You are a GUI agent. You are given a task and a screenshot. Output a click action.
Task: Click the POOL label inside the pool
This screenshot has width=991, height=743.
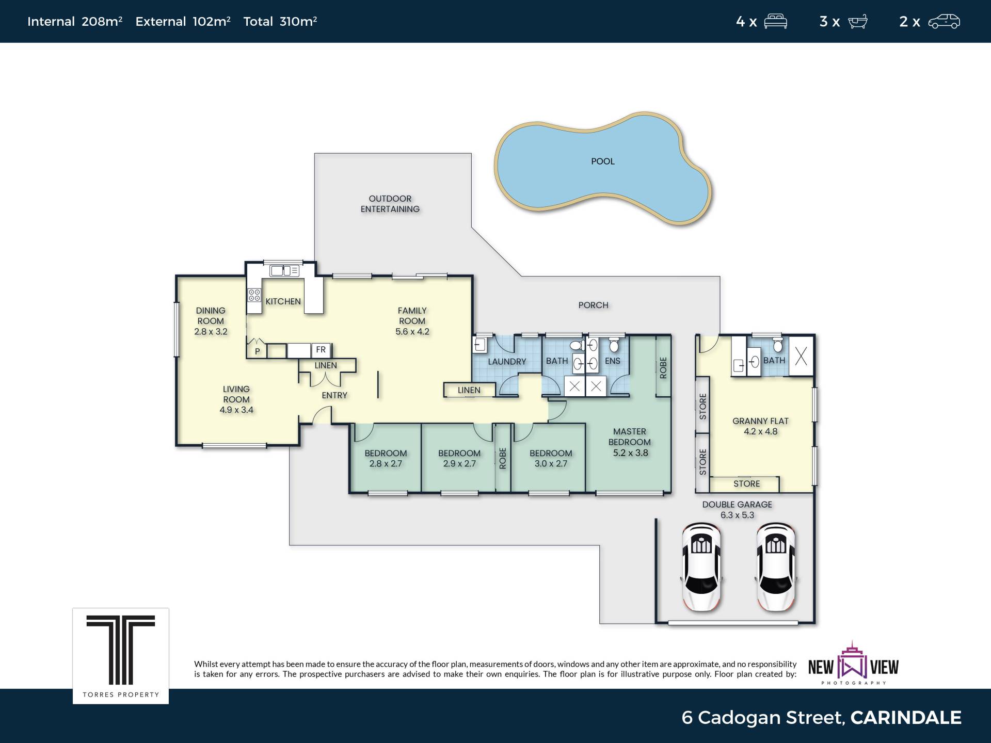coord(602,161)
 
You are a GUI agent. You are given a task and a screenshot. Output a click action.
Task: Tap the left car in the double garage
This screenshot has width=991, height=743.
coord(701,567)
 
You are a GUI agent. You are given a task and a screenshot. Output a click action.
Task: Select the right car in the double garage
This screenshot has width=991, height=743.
coord(775,567)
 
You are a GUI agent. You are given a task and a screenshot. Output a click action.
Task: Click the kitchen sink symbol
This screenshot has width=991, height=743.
coord(284,270)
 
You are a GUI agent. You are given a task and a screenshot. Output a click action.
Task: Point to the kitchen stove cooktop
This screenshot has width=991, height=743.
coord(254,295)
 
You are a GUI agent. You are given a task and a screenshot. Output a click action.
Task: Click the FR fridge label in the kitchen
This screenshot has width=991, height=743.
coord(321,350)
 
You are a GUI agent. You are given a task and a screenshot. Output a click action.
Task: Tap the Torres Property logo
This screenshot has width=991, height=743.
coord(121,656)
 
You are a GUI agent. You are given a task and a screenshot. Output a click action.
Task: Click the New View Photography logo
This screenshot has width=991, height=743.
coord(853,664)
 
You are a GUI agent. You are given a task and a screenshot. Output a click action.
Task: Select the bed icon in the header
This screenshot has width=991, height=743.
coord(775,22)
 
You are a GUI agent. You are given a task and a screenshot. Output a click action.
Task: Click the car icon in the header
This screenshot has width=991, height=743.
coord(944,22)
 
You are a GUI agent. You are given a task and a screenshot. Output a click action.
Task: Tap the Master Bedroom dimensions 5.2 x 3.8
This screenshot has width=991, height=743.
coord(630,453)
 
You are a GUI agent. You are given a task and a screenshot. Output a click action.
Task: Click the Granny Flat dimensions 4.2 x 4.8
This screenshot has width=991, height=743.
coord(760,431)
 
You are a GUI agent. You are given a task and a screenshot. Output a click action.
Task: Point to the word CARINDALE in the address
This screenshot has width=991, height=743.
coord(906,717)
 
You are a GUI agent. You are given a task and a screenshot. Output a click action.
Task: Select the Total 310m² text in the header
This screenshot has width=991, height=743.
coord(280,21)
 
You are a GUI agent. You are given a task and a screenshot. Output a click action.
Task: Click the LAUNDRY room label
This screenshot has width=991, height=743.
coord(507,362)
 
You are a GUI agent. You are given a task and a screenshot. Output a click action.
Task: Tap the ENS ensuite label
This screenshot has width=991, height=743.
coord(613,361)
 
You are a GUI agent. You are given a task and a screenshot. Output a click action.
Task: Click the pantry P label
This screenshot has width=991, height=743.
coord(258,351)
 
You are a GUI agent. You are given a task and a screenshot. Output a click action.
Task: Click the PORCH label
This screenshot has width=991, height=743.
coord(593,305)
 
